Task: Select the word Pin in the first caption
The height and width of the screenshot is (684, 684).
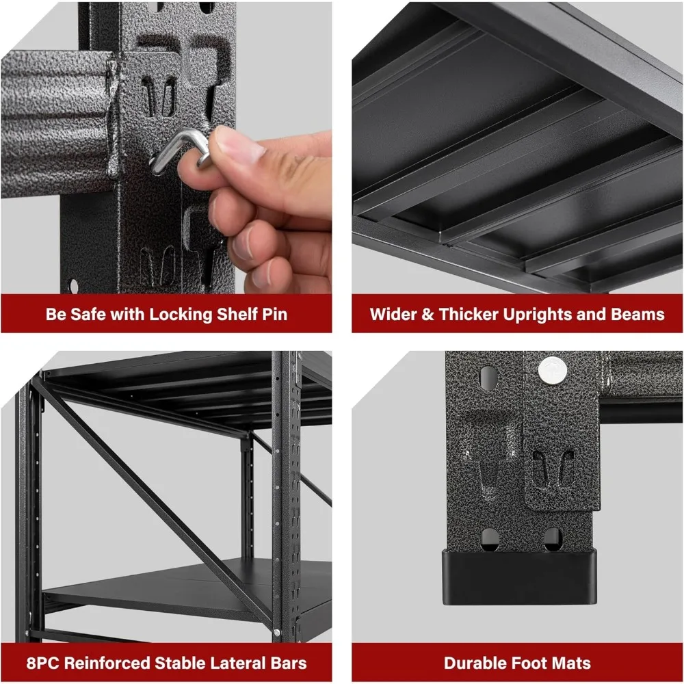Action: point(274,315)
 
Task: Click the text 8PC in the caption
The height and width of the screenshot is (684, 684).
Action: point(42,663)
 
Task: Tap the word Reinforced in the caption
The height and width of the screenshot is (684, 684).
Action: point(111,663)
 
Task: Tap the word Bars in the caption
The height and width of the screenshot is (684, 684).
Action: point(287,663)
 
